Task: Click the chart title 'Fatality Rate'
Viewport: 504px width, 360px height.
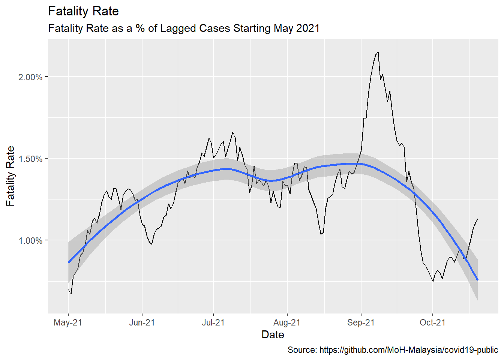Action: (83, 11)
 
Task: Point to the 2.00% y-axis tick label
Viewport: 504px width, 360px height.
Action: (30, 77)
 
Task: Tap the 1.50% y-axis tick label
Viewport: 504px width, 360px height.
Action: (30, 159)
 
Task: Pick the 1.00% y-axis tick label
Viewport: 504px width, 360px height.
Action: (30, 241)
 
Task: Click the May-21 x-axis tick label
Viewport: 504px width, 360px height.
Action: (68, 322)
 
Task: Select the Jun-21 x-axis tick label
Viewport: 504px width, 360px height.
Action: (142, 322)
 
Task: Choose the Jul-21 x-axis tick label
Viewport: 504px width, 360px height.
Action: (213, 322)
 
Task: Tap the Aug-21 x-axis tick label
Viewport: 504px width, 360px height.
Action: (287, 322)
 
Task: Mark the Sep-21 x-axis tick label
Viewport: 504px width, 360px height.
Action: (361, 322)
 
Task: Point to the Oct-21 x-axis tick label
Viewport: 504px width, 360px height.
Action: (432, 322)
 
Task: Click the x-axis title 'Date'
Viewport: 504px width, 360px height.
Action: (273, 334)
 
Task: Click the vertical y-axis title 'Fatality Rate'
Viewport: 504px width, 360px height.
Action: (10, 176)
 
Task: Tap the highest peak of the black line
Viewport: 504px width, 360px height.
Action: (378, 52)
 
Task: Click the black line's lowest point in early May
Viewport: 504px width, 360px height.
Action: (71, 294)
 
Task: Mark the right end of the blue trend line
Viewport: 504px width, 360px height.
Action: (477, 280)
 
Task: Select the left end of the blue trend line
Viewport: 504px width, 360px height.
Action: (69, 262)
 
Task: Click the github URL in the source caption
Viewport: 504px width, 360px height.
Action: (408, 350)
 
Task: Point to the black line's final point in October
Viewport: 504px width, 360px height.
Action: (477, 219)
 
